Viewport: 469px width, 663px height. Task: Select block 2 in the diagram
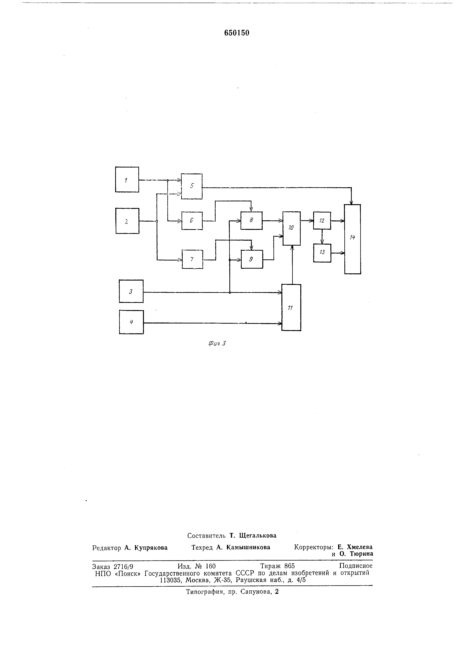pyautogui.click(x=127, y=221)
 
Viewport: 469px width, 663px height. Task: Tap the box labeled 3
pyautogui.click(x=131, y=291)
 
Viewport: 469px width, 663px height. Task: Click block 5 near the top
pyautogui.click(x=191, y=186)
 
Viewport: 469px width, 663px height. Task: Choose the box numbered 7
pyautogui.click(x=192, y=259)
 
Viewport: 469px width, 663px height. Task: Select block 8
pyautogui.click(x=251, y=221)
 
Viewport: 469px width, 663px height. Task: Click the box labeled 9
pyautogui.click(x=252, y=259)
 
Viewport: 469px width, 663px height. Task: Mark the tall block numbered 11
pyautogui.click(x=291, y=308)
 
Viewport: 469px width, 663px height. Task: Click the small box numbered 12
pyautogui.click(x=322, y=221)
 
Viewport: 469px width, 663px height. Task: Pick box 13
pyautogui.click(x=322, y=253)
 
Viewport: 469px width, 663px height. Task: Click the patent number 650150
pyautogui.click(x=237, y=33)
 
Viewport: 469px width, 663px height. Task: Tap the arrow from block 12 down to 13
pyautogui.click(x=322, y=237)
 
